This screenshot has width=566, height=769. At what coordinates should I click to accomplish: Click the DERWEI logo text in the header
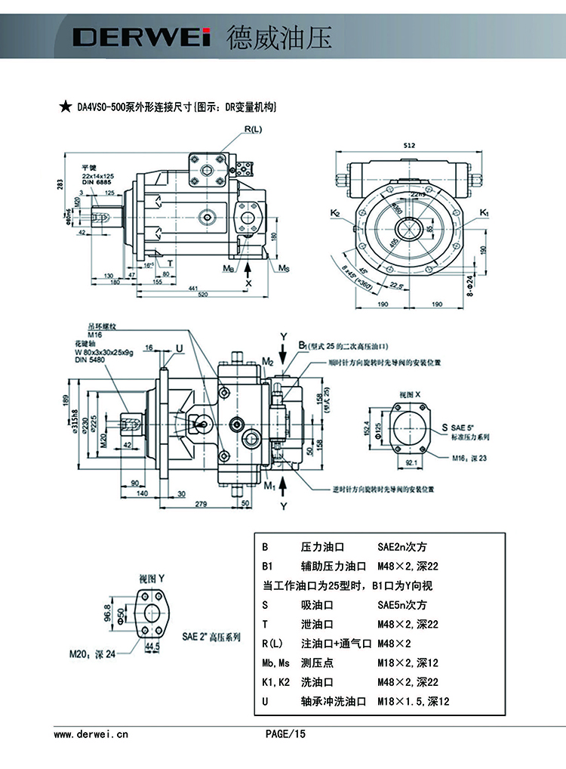tap(140, 36)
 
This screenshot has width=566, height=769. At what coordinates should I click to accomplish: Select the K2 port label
tap(335, 213)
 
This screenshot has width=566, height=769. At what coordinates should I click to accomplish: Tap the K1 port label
tap(484, 213)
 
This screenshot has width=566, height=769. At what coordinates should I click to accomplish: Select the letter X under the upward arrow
tap(249, 283)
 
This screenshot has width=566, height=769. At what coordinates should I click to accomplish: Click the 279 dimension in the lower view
tap(201, 502)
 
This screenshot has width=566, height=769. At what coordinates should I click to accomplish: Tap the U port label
tap(179, 348)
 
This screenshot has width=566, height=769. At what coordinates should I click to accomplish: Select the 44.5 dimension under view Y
tap(152, 647)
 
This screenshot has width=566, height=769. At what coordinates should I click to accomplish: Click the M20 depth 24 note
tap(93, 654)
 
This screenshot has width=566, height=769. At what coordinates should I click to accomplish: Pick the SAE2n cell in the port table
tap(402, 546)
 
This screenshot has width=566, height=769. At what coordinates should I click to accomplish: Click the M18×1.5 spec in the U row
tap(413, 702)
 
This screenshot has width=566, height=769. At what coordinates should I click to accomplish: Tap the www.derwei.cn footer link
tap(91, 733)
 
